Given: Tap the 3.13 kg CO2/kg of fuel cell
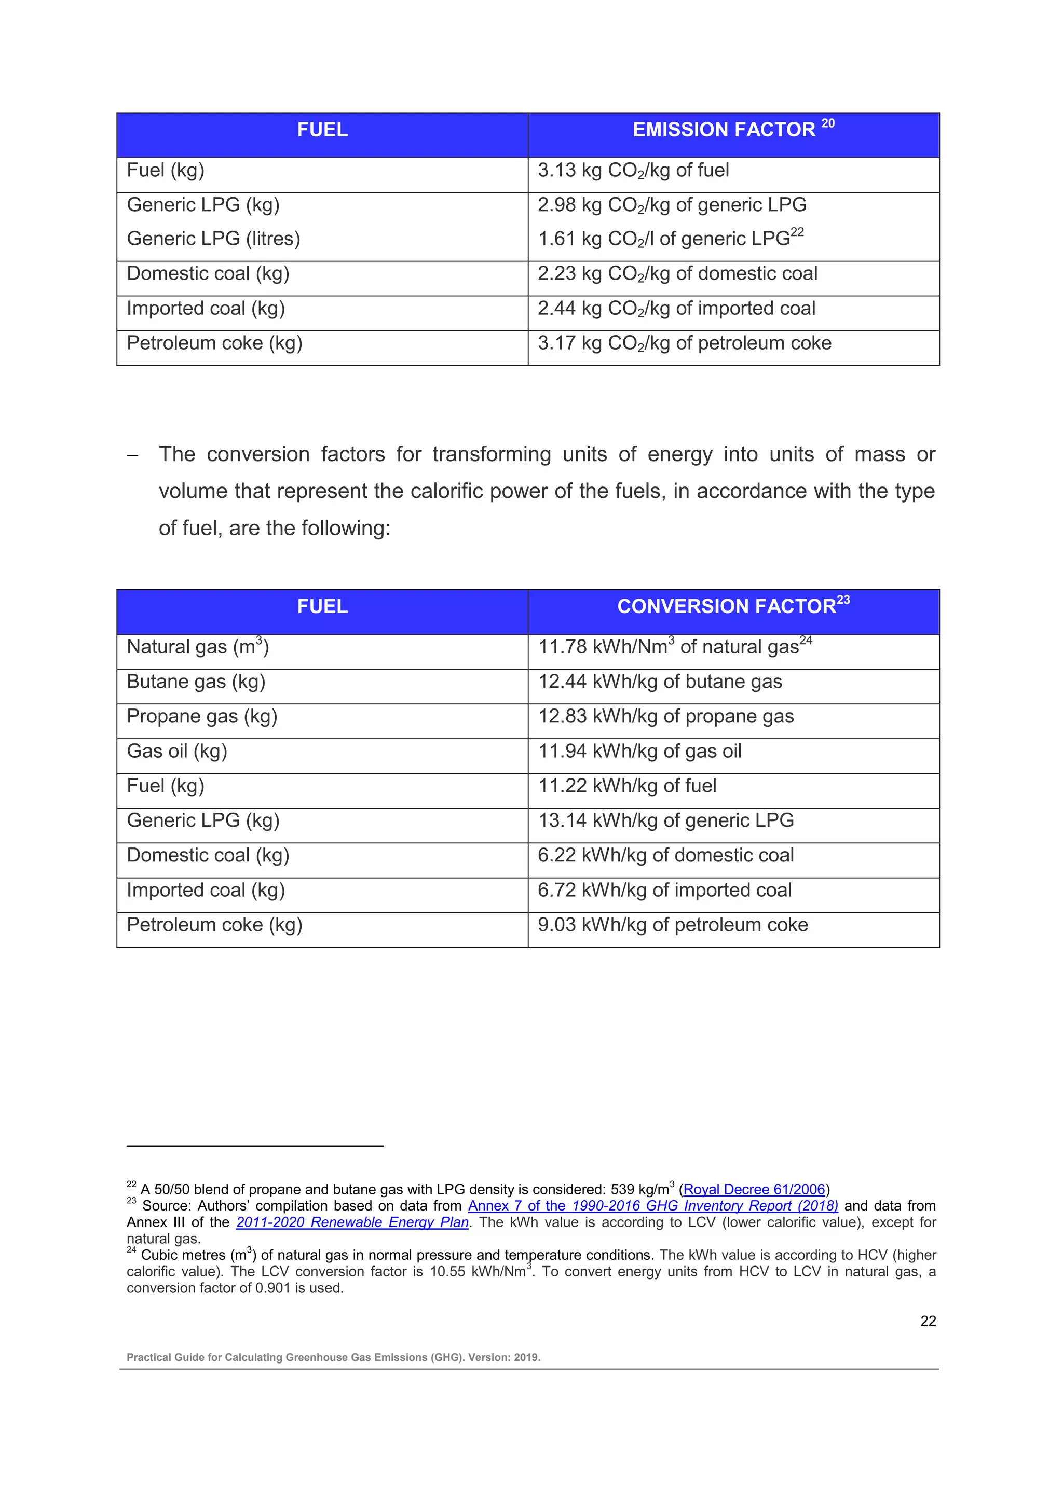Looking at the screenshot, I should (633, 171).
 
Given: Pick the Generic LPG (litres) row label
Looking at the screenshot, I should (213, 239).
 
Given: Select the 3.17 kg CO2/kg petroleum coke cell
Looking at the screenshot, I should (684, 343).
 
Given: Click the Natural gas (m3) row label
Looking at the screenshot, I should (198, 647).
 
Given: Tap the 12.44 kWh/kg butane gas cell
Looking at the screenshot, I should (660, 682).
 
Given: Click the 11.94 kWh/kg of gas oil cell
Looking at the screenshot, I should (639, 751).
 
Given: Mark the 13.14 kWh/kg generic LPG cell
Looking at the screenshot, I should (666, 820).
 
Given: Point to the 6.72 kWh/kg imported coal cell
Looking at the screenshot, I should (664, 891).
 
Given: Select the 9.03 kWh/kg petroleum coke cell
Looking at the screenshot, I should (672, 925).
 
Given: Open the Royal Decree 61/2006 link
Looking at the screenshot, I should (754, 1190).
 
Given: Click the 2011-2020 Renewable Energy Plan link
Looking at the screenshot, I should (352, 1222).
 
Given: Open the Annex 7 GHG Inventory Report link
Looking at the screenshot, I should (652, 1206).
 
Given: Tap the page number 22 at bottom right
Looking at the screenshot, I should (928, 1322).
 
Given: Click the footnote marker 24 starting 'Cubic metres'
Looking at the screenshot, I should (131, 1251).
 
